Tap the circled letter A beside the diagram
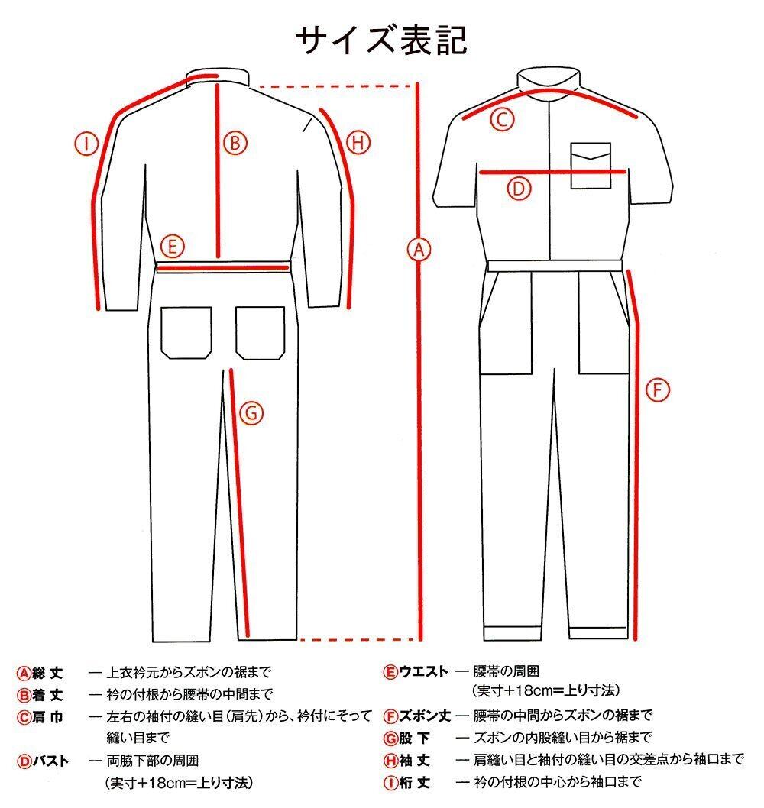[416, 249]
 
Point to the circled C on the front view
[502, 119]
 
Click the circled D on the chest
[519, 188]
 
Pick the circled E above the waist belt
[173, 246]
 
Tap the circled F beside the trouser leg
[657, 390]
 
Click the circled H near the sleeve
[358, 141]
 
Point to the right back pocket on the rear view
[261, 333]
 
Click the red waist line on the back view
[223, 267]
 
